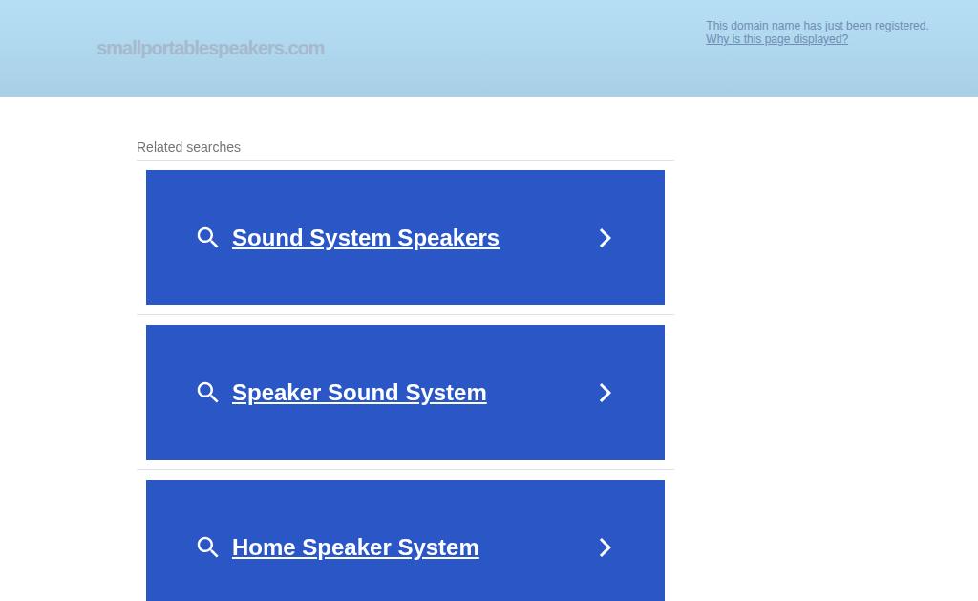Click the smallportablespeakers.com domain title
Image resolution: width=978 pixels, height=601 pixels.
pos(211,48)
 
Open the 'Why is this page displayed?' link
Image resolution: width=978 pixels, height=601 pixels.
pos(776,39)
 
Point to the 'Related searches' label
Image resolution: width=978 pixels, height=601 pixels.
pos(188,147)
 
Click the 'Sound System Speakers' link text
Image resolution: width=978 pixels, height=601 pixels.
pos(366,238)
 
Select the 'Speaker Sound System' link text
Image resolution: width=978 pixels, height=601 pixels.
pos(359,393)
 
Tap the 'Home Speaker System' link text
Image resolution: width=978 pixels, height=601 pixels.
pos(355,547)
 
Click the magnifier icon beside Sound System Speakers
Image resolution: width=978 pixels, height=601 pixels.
pos(207,238)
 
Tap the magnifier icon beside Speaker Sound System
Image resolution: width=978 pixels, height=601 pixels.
pos(207,393)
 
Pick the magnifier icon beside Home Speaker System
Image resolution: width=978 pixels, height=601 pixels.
pos(207,547)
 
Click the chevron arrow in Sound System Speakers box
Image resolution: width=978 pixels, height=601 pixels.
pos(605,238)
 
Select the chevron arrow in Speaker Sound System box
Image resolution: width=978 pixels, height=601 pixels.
pos(605,393)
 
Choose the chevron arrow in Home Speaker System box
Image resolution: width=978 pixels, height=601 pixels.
pos(605,547)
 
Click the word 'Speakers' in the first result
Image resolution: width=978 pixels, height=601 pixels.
pos(449,238)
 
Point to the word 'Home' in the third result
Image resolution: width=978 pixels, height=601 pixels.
pos(264,547)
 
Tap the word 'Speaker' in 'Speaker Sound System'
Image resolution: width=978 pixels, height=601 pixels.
pos(276,393)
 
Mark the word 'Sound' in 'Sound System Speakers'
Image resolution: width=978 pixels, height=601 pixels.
pos(267,238)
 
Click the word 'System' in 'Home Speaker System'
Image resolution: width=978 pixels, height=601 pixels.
pos(438,547)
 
